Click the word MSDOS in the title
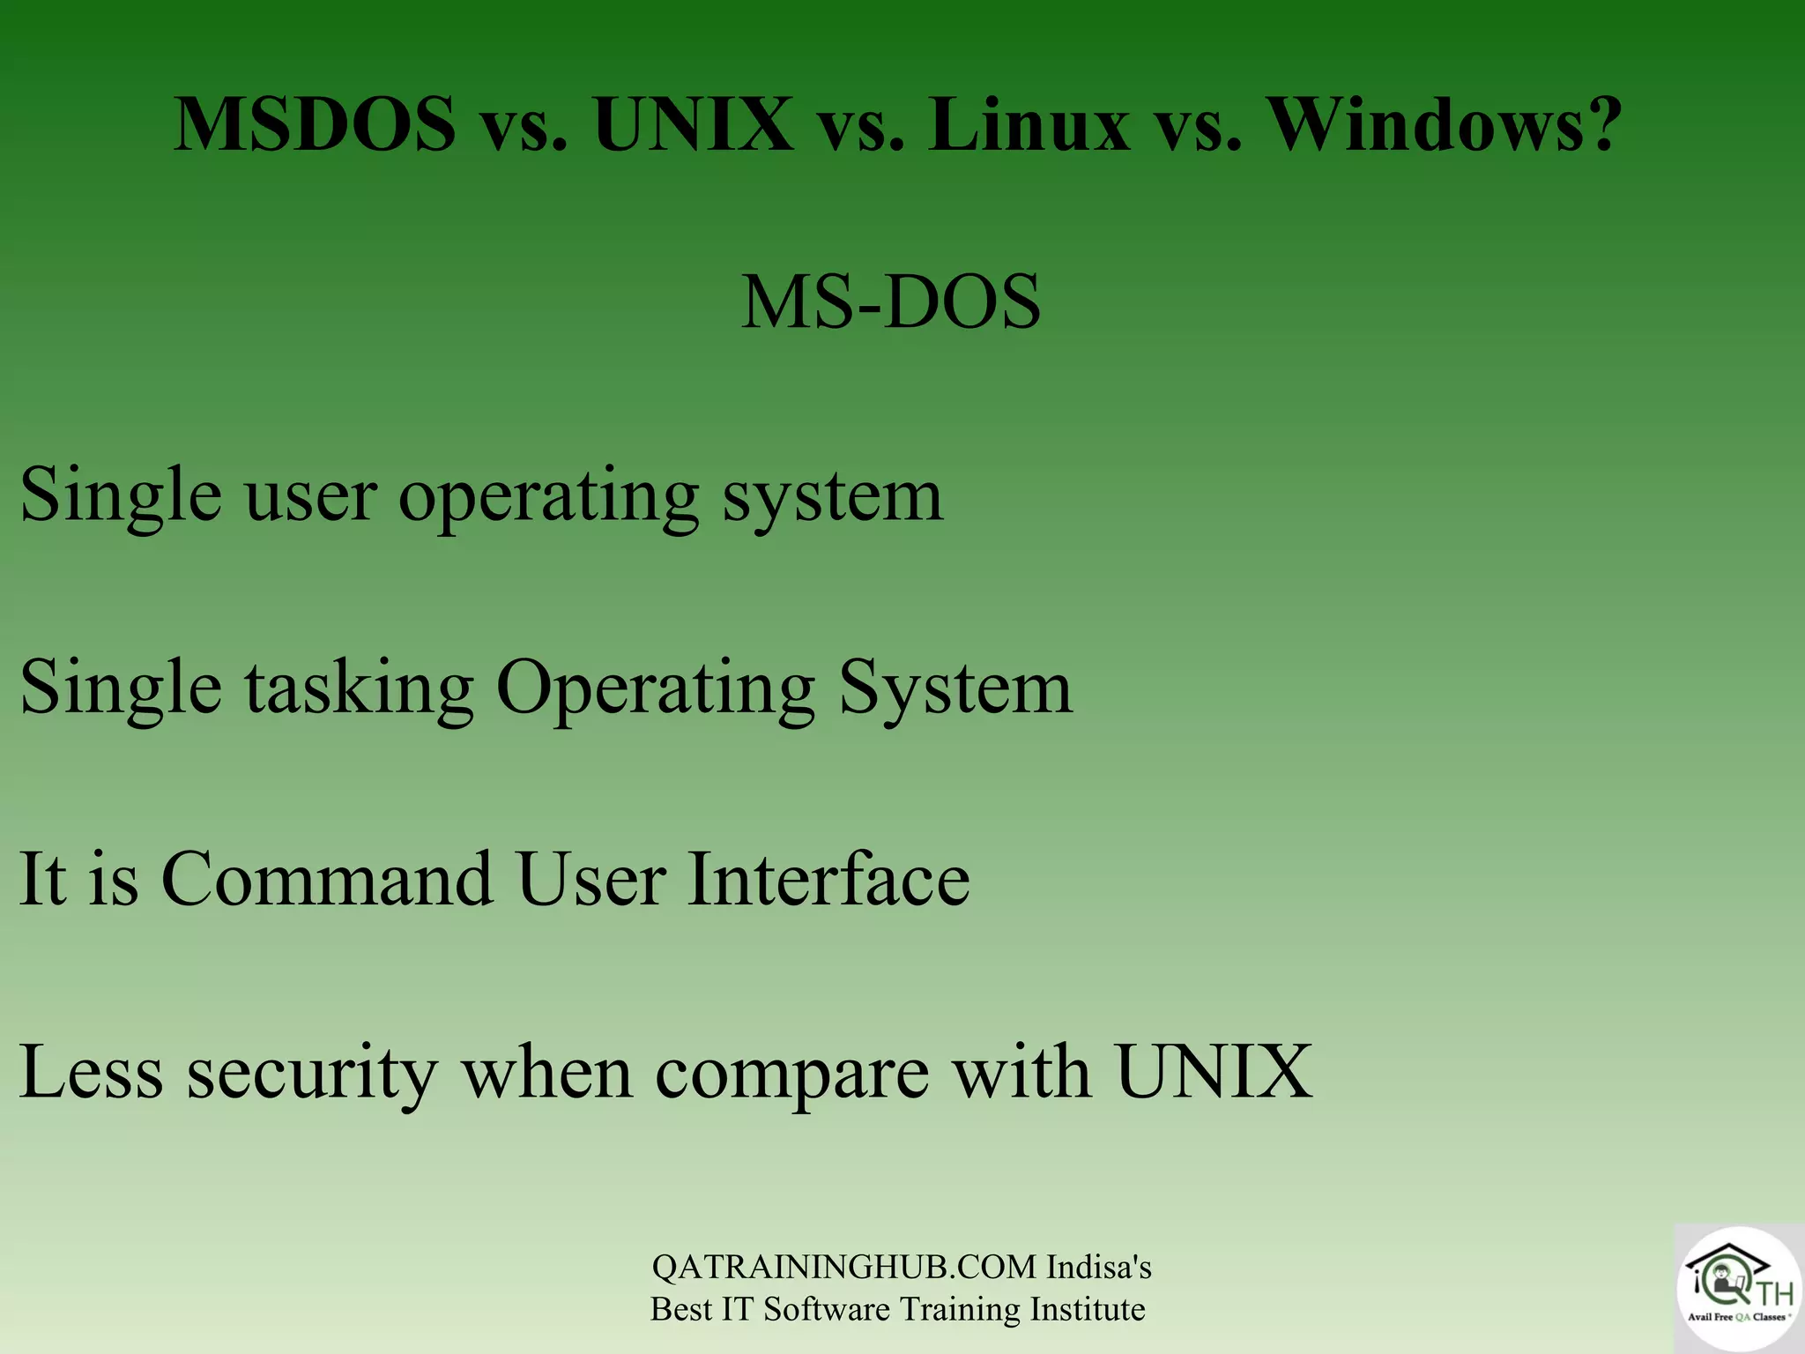click(315, 124)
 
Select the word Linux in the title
click(1028, 124)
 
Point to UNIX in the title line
click(694, 124)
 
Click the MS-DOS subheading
click(890, 302)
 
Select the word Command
click(326, 879)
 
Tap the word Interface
click(828, 879)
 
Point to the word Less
click(91, 1073)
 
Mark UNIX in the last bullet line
click(1214, 1073)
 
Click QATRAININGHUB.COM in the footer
click(843, 1267)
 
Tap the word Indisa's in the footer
click(1098, 1267)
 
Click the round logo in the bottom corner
click(1738, 1288)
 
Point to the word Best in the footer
click(681, 1309)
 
